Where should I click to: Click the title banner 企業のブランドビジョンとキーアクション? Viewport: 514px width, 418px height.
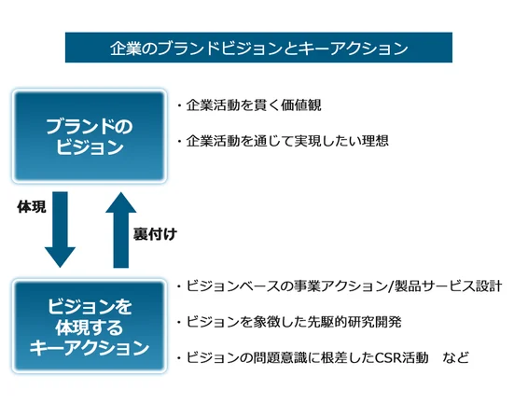258,48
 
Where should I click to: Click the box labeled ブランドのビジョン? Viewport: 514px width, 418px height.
90,135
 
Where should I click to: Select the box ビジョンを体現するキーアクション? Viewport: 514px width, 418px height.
90,326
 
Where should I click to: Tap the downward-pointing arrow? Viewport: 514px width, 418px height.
61,230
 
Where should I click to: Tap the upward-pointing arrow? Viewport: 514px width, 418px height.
121,230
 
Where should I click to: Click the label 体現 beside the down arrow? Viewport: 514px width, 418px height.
32,207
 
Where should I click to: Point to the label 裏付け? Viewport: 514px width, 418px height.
155,234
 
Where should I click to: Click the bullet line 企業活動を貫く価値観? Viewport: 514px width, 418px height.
249,105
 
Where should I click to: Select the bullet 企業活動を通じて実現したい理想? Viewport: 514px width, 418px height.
283,141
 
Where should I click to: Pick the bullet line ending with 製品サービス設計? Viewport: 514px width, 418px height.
340,286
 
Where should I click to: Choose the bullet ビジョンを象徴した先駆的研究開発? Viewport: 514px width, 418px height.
289,322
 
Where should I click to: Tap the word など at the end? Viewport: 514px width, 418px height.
455,357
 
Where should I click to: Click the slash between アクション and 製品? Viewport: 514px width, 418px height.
390,286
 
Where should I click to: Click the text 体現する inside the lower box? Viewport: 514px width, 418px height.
89,327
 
